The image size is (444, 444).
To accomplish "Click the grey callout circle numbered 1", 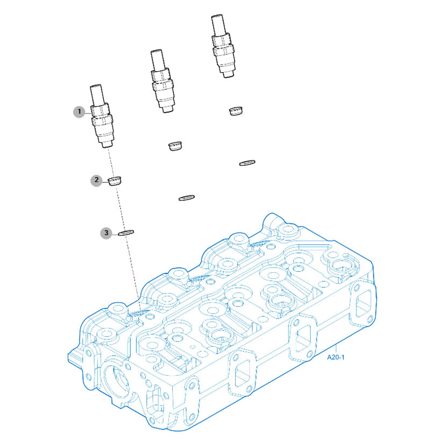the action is point(79,111).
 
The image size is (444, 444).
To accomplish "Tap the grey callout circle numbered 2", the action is point(96,180).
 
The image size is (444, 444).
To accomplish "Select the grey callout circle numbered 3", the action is point(106,233).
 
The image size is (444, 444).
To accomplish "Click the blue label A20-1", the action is point(336,357).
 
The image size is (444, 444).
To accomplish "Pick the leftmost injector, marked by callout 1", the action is point(102,116).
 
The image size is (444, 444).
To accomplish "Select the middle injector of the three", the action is point(162,81).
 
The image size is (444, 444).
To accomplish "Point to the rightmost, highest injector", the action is point(223,46).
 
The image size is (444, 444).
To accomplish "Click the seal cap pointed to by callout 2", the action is point(115,181).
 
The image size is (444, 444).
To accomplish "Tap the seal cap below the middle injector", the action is point(175,146).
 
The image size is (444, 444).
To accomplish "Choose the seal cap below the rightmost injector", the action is point(236,111).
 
